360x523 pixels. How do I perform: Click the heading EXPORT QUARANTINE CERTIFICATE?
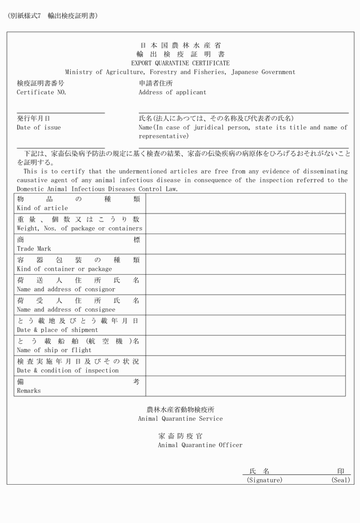[x=180, y=63]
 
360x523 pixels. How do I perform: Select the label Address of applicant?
[x=173, y=92]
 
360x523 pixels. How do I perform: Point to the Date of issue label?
[x=38, y=128]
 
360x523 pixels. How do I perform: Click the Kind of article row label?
[x=42, y=208]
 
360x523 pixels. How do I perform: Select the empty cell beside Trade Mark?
[x=245, y=244]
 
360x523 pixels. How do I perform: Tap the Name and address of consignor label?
[x=66, y=289]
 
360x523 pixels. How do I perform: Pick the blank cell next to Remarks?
[x=245, y=386]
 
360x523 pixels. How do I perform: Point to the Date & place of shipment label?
[x=57, y=330]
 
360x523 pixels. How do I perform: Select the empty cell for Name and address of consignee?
[x=245, y=305]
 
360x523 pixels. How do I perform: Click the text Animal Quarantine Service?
[x=181, y=419]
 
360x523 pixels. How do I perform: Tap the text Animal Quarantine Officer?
[x=200, y=445]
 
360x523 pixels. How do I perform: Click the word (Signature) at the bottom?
[x=265, y=481]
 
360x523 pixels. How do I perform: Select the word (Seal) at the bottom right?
[x=341, y=481]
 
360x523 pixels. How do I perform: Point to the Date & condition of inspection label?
[x=67, y=371]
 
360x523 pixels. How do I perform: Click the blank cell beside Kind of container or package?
[x=245, y=264]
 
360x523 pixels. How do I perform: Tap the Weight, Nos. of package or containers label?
[x=79, y=228]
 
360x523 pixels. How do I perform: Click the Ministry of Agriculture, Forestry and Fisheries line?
[x=180, y=73]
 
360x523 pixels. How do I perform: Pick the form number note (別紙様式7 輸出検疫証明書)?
[x=53, y=15]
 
